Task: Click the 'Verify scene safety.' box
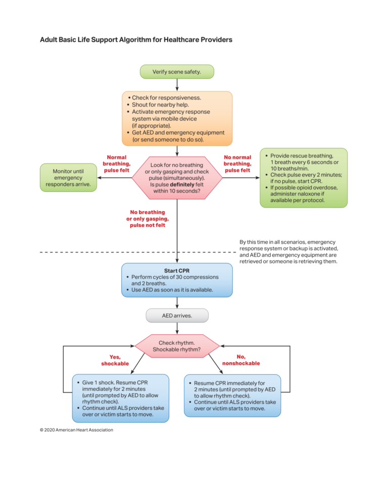click(176, 72)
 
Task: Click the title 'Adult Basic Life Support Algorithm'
click(136, 39)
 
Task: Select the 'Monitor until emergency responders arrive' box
click(68, 177)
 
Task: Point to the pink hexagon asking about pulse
click(177, 178)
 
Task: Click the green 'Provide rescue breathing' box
click(304, 178)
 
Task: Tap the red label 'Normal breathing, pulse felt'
click(116, 164)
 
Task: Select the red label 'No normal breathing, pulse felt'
click(237, 164)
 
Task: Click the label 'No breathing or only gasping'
click(148, 219)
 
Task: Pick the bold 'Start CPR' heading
click(177, 271)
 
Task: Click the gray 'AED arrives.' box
click(177, 316)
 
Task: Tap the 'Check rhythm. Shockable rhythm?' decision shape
click(177, 346)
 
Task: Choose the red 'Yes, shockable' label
click(115, 360)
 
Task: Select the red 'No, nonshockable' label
click(241, 360)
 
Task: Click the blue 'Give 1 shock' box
click(120, 398)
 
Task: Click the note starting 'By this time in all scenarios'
click(288, 252)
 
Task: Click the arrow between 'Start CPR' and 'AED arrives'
click(177, 303)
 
